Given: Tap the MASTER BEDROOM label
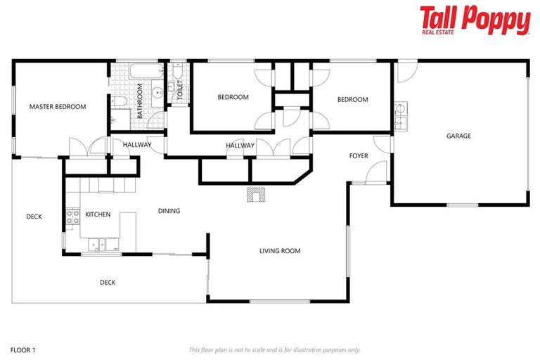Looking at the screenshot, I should (58, 107).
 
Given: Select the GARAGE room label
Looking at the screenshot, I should (458, 136).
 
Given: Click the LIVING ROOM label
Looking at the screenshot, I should (280, 251).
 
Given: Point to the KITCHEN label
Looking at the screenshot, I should (98, 214).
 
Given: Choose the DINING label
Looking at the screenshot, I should (169, 211).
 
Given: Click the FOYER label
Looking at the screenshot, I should (359, 155).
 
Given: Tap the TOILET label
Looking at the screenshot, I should (180, 91).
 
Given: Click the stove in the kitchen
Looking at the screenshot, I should (72, 216).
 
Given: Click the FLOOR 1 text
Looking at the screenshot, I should (23, 349).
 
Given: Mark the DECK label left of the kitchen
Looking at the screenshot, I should (34, 217).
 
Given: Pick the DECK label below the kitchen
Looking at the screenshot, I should (107, 283).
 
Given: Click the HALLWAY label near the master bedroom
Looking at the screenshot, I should (137, 145).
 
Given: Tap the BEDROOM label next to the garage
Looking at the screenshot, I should (352, 100).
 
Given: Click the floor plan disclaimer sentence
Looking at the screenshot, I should (275, 349).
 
